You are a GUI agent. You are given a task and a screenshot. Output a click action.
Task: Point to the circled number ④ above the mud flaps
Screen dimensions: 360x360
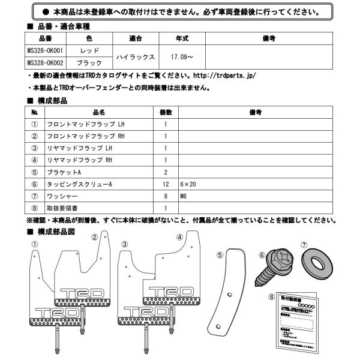pyautogui.click(x=179, y=238)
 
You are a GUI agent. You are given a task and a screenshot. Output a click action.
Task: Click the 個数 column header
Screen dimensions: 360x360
pyautogui.click(x=166, y=112)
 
